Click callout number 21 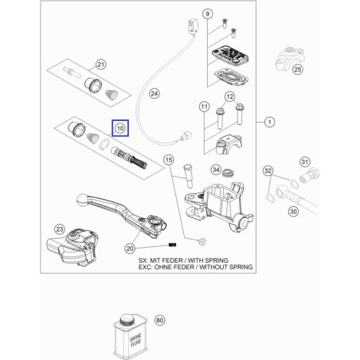pyautogui.click(x=100, y=65)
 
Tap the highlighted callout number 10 pyautogui.click(x=119, y=127)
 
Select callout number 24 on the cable pyautogui.click(x=155, y=93)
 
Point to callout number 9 pyautogui.click(x=207, y=15)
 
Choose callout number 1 pyautogui.click(x=269, y=122)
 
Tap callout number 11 pyautogui.click(x=204, y=106)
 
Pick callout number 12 pyautogui.click(x=229, y=98)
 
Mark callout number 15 pyautogui.click(x=168, y=160)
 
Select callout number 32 pyautogui.click(x=268, y=170)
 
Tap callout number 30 pyautogui.click(x=292, y=212)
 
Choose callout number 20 pyautogui.click(x=130, y=248)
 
